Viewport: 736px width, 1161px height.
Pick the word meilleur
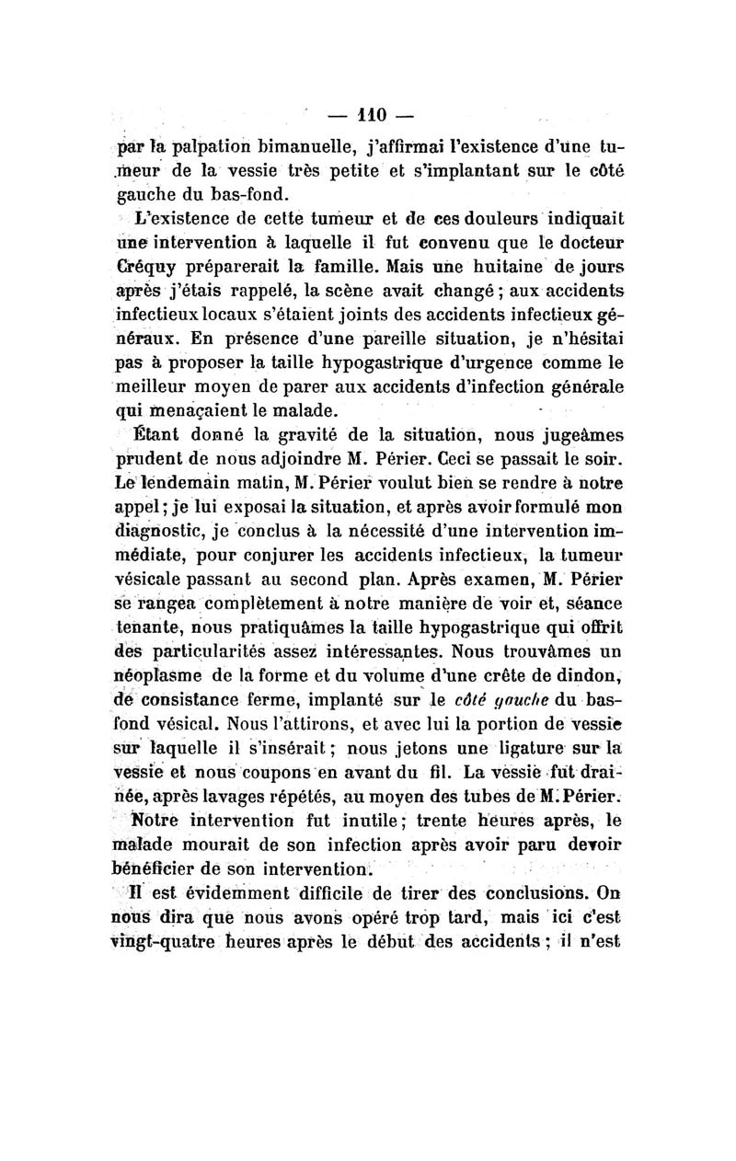[155, 377]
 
